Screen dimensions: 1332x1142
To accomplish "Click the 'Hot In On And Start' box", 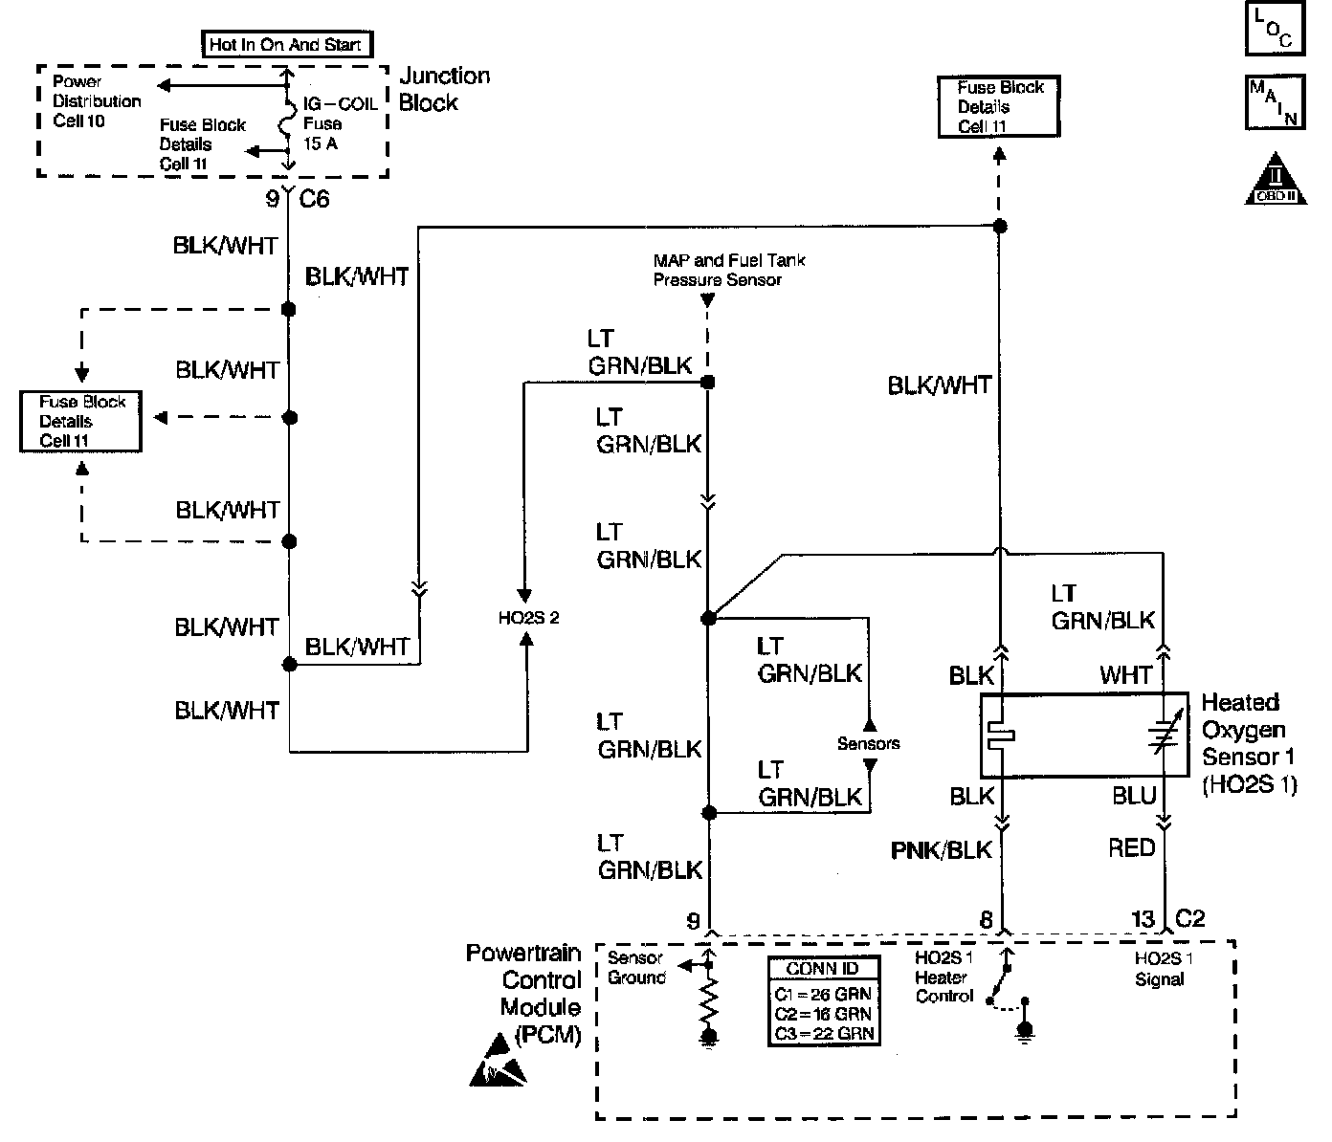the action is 287,44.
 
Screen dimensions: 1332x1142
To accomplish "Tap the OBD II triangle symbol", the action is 1276,180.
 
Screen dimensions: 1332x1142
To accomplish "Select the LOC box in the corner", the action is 1275,29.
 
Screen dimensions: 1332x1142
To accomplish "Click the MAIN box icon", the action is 1275,101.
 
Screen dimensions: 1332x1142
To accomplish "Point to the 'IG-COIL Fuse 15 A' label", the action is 340,123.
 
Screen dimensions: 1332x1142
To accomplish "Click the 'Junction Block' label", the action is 444,89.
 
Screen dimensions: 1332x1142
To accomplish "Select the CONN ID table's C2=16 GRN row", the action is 823,1014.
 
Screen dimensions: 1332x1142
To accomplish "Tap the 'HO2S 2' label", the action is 528,618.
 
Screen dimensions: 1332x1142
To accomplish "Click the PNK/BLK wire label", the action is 941,850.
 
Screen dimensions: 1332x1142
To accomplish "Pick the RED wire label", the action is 1132,847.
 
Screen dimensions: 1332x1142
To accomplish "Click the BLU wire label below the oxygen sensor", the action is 1134,796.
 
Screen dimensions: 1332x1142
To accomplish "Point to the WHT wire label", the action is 1125,675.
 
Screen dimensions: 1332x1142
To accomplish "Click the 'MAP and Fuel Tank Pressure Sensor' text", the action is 729,270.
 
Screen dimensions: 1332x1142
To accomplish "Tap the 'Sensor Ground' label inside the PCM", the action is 636,967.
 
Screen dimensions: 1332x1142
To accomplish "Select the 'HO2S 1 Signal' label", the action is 1164,969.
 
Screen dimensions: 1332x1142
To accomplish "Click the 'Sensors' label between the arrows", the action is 868,743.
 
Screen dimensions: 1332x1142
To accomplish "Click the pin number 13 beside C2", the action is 1143,919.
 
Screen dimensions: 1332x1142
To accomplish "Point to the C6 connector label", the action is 314,198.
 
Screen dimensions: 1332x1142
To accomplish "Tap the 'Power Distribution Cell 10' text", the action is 97,101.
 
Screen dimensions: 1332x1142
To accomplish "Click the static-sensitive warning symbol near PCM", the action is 497,1060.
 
